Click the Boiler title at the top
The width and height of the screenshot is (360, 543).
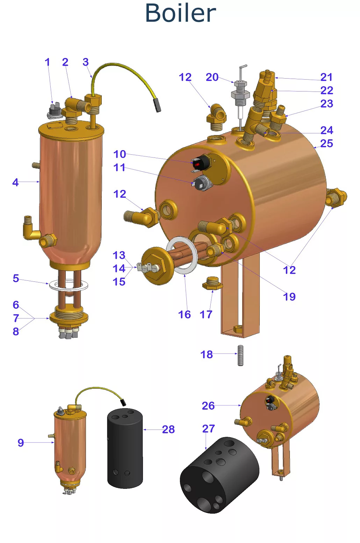[180, 13]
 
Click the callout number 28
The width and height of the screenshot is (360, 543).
[168, 429]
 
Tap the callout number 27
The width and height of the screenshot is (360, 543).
[208, 428]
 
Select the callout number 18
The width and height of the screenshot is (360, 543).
[206, 354]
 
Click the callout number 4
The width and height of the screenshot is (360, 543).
[15, 182]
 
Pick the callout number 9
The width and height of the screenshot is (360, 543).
[21, 443]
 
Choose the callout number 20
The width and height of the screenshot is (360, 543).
[212, 77]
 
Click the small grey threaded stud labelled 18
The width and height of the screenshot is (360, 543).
[240, 355]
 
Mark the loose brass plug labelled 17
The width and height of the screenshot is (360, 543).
[212, 283]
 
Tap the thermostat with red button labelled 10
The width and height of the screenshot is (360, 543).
[201, 163]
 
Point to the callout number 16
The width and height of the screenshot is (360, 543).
[184, 315]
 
